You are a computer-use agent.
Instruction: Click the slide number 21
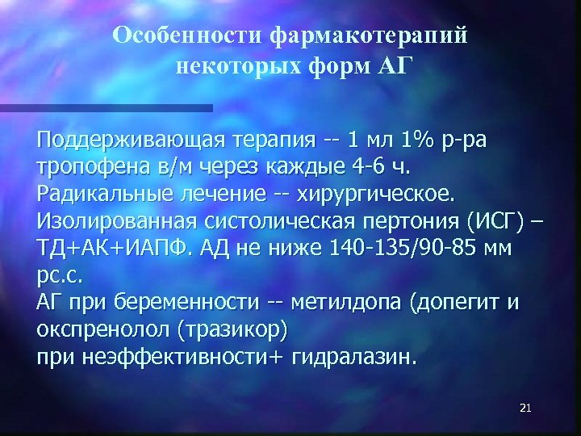click(x=525, y=409)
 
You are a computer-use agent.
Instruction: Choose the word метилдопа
click(x=337, y=304)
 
